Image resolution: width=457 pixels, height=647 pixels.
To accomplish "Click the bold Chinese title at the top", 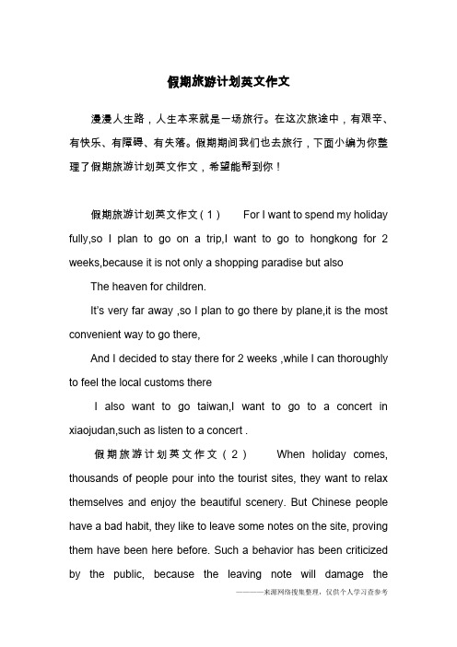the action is tap(228, 81).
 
